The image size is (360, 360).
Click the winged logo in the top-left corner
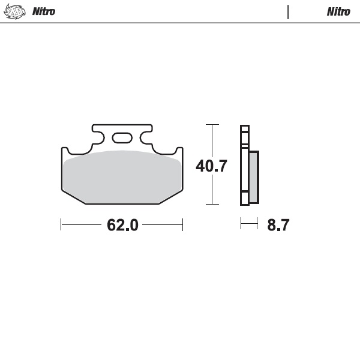[16, 11]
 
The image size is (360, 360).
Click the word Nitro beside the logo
[43, 11]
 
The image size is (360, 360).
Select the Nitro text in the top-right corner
[338, 11]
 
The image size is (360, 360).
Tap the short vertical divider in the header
[288, 11]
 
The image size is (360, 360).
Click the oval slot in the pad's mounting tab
[122, 137]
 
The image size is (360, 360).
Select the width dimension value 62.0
[122, 225]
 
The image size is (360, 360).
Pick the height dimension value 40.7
[211, 166]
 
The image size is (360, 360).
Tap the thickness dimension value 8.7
[278, 225]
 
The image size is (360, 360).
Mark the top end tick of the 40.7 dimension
[212, 125]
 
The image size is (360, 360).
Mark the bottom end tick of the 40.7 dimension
[212, 205]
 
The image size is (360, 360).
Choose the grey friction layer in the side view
[254, 176]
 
